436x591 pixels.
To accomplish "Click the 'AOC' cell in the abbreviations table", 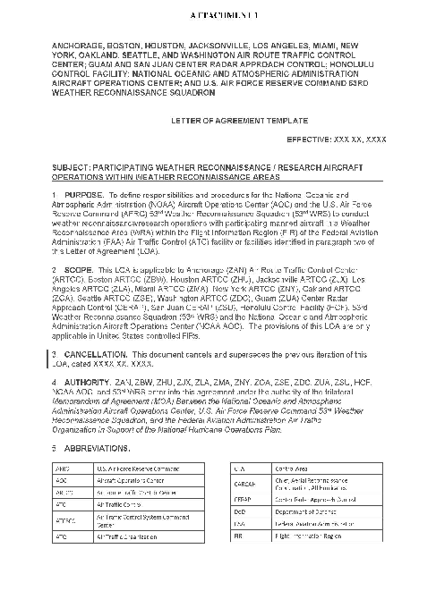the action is pos(62,479).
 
